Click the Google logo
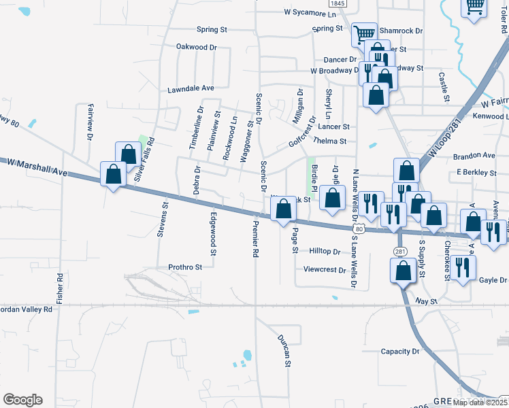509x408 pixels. coord(22,400)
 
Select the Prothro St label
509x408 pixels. coord(185,268)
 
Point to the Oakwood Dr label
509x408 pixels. coord(196,47)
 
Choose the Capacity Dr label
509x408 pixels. coord(400,352)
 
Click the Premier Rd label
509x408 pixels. coord(256,241)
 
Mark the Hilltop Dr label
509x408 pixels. coord(324,251)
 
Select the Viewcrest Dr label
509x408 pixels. coord(325,269)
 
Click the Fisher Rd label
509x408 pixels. coord(60,288)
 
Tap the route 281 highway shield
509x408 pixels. coord(399,252)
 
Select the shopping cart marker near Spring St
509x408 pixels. coord(365,33)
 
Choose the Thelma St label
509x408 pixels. coord(329,141)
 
